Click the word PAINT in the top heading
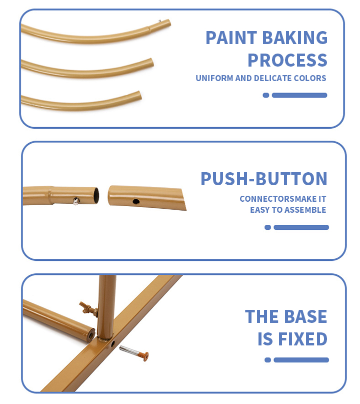coord(231,38)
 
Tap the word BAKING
coord(295,38)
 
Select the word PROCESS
coord(287,60)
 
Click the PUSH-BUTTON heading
coord(264,179)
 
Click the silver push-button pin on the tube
coord(76,201)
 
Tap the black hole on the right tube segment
coord(136,201)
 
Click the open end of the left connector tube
coord(95,196)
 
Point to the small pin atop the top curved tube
coord(160,21)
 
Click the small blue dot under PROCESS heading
coord(266,95)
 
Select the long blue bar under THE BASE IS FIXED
coord(301,360)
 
